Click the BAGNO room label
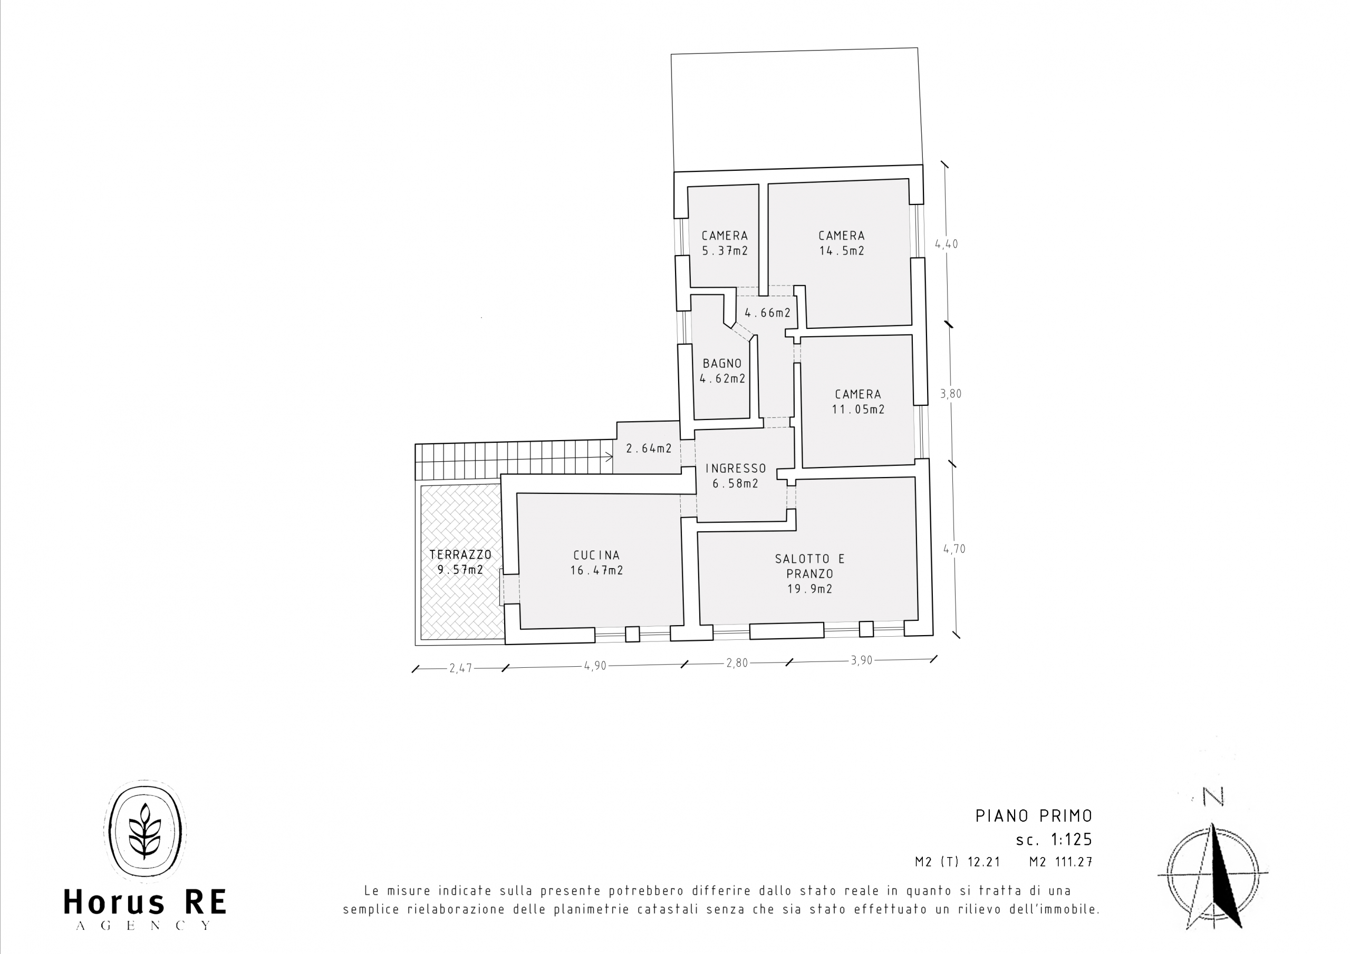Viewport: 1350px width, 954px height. [x=722, y=363]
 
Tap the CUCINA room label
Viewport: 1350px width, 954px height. [x=597, y=555]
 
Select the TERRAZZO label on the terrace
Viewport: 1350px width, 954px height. [x=460, y=554]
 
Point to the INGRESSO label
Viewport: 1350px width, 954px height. [x=736, y=469]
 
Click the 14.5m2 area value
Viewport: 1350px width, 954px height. [x=842, y=251]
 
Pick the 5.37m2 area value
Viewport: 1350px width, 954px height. [x=725, y=251]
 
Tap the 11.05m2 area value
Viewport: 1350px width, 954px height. [x=858, y=409]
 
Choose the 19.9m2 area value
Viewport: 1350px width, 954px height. [x=810, y=588]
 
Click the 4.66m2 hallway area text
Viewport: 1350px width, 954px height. [x=768, y=313]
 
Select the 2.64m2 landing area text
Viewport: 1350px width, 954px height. [x=649, y=449]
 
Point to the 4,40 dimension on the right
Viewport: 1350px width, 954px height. [x=947, y=244]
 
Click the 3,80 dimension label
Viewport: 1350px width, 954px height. [x=951, y=394]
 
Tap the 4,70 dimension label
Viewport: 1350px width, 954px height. [x=954, y=549]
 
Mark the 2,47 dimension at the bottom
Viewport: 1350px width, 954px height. [x=461, y=668]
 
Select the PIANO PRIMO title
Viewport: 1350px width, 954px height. [x=1034, y=816]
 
